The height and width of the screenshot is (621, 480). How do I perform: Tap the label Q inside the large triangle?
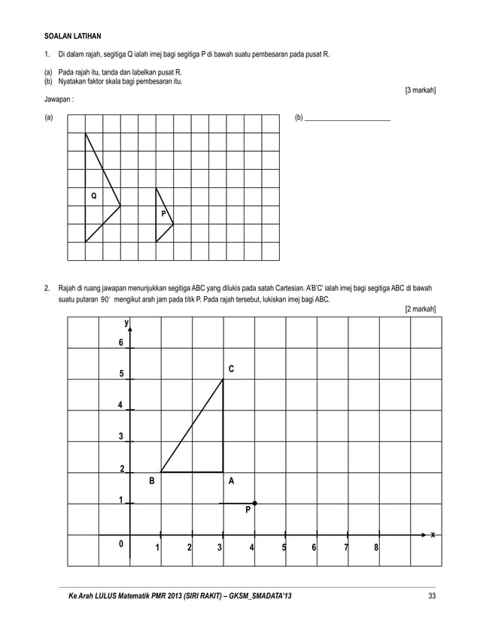(x=93, y=196)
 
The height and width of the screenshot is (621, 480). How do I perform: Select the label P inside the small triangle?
(x=163, y=214)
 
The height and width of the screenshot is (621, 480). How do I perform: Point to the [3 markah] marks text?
(x=421, y=91)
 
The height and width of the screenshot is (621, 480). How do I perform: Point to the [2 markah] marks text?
(x=421, y=309)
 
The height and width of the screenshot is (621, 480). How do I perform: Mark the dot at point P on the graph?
(x=255, y=502)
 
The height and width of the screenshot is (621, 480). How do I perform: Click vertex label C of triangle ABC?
(x=231, y=369)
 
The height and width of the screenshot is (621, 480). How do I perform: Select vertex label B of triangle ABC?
(x=151, y=481)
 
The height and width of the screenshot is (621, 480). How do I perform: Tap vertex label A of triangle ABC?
(x=231, y=481)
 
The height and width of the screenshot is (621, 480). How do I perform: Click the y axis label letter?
(x=126, y=323)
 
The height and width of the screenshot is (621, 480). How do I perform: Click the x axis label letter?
(x=432, y=535)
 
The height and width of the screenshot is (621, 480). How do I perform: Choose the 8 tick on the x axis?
(x=375, y=547)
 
